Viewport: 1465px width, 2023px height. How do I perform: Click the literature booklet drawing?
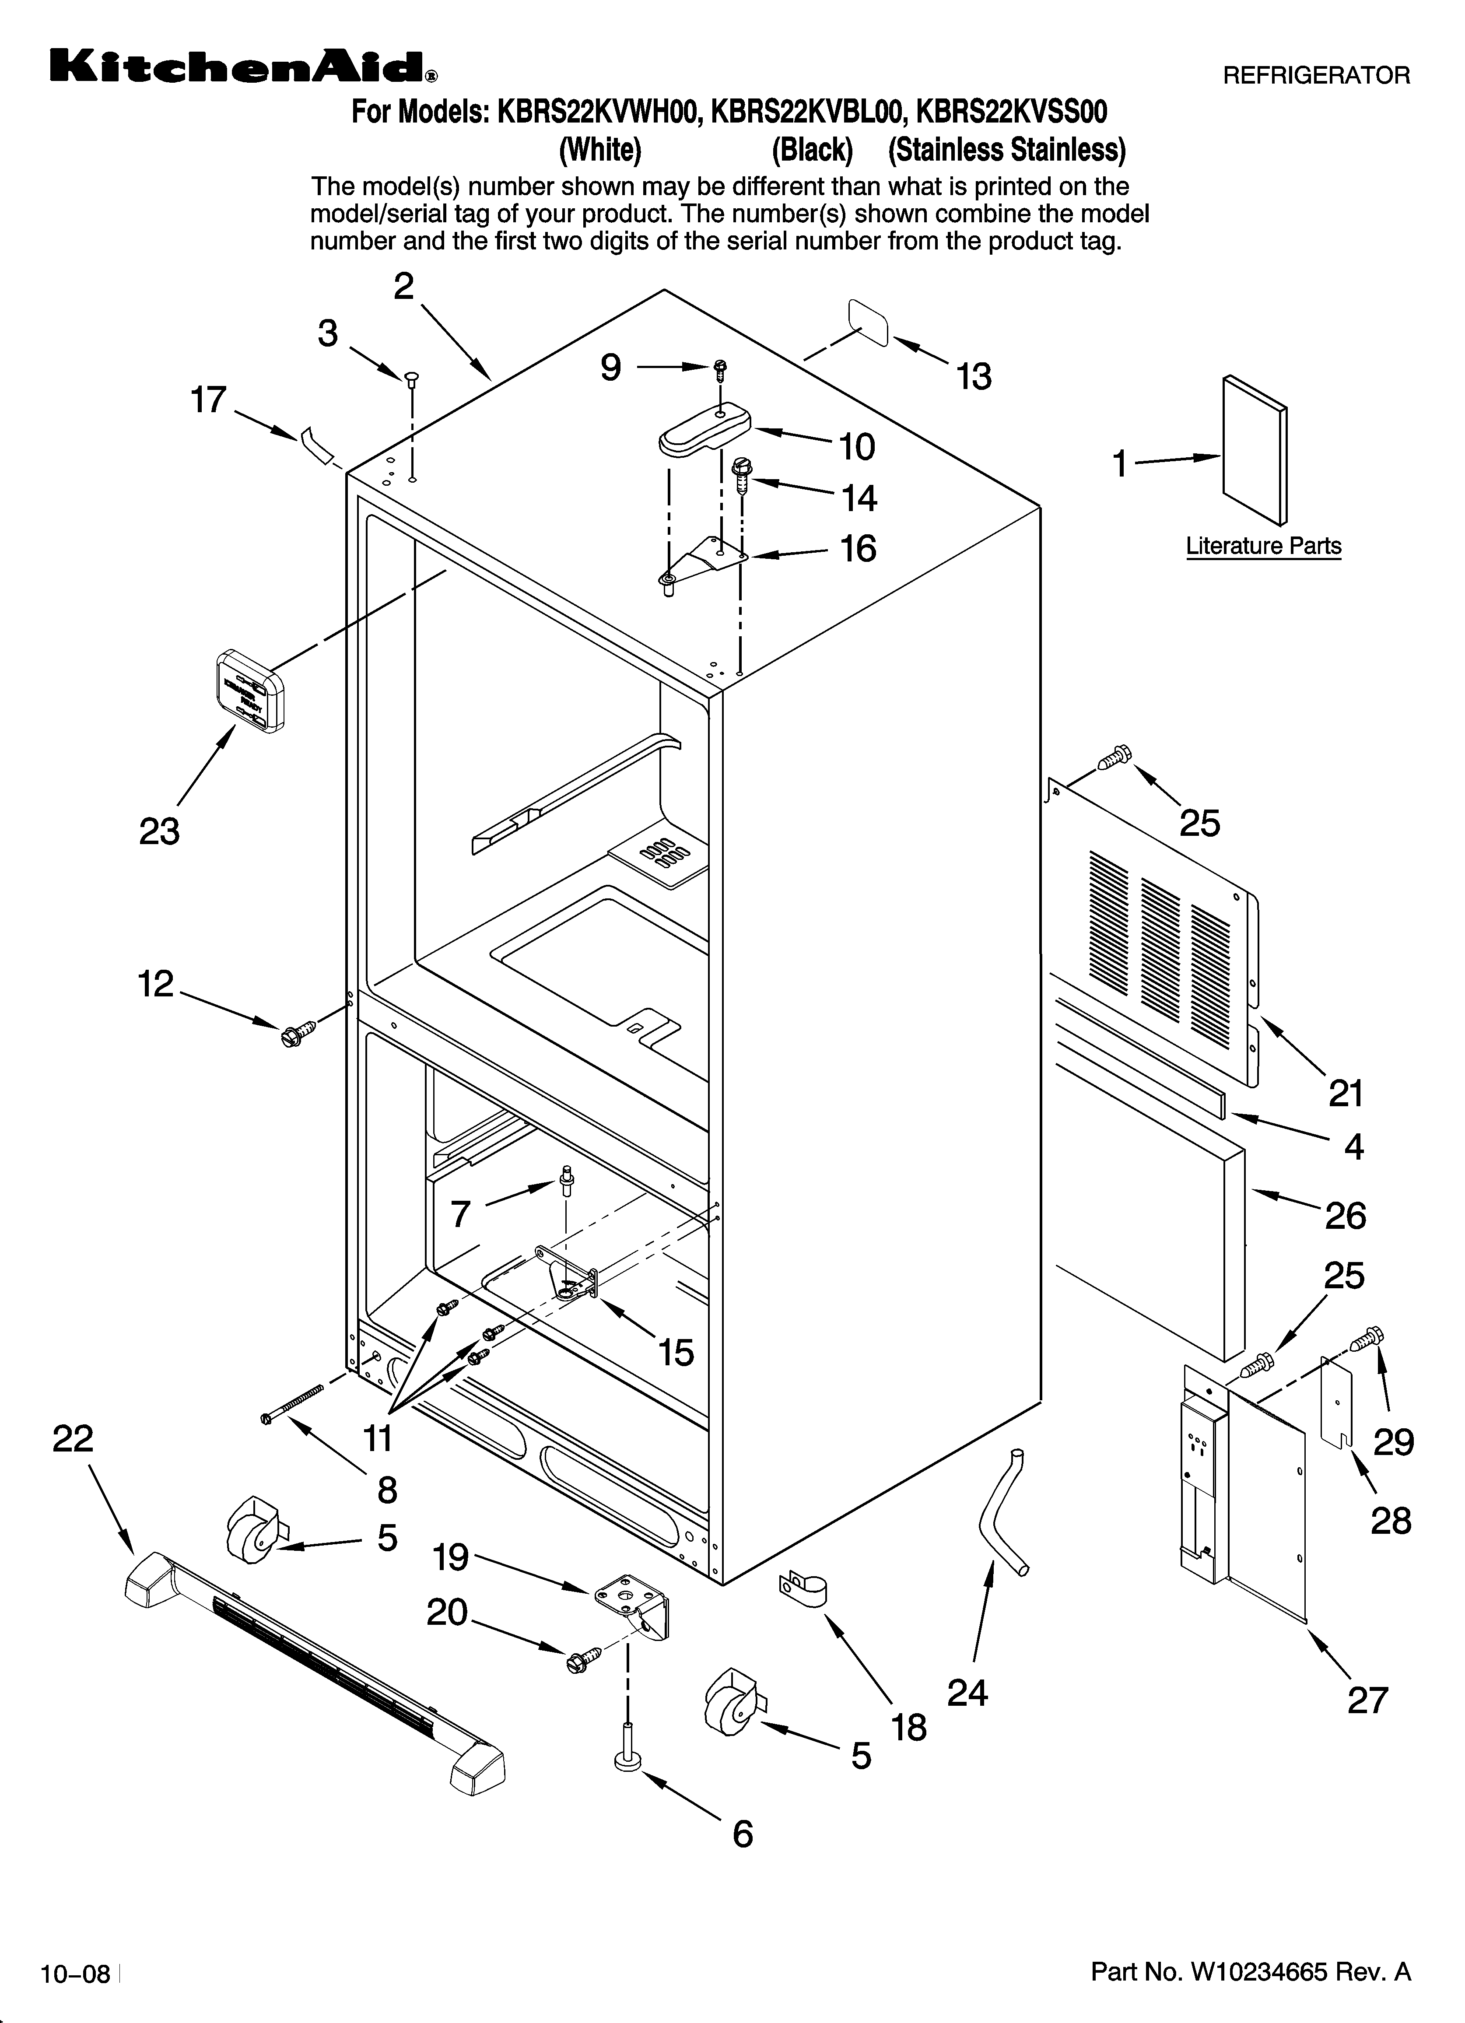pyautogui.click(x=1254, y=450)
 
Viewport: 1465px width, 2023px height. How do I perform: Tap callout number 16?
pyautogui.click(x=857, y=549)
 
